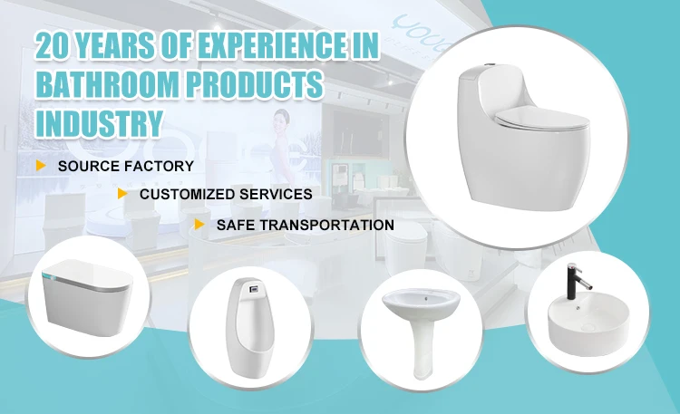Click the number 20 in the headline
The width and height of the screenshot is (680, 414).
(x=52, y=45)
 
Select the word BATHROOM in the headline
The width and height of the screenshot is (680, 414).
(x=107, y=83)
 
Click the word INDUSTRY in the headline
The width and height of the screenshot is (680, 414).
(x=100, y=123)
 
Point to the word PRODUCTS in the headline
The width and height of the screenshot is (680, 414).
(x=255, y=83)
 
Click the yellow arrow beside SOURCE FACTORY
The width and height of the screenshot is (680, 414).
(x=41, y=165)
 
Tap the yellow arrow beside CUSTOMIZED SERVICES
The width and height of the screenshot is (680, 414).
(x=122, y=193)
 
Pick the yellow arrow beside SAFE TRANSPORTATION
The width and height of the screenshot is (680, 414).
(x=199, y=224)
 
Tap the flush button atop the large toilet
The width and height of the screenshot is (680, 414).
(x=491, y=65)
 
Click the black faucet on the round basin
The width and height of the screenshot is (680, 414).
(x=577, y=282)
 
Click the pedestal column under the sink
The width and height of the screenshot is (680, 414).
(x=422, y=347)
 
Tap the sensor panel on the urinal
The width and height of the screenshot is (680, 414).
(x=253, y=288)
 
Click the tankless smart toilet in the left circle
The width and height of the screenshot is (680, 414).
(x=88, y=297)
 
